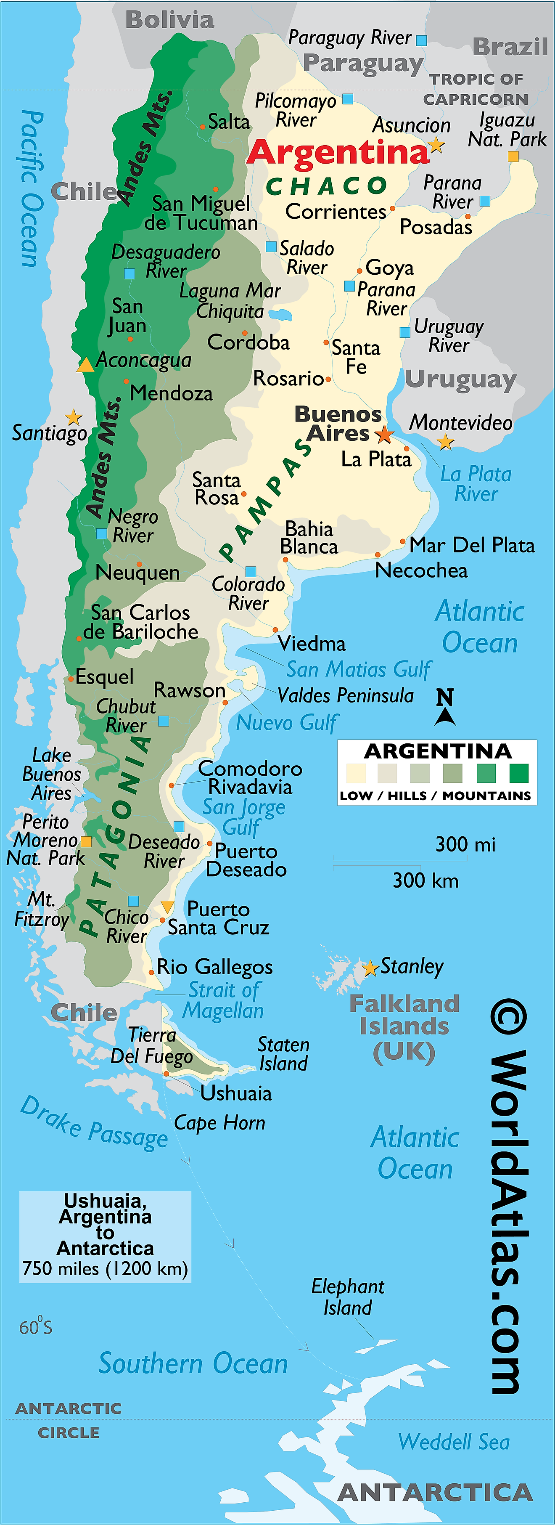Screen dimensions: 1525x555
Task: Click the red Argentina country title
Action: [x=337, y=153]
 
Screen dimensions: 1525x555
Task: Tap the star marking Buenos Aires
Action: [x=385, y=435]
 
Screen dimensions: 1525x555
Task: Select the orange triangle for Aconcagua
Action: [x=85, y=365]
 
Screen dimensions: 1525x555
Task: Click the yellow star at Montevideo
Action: [x=446, y=442]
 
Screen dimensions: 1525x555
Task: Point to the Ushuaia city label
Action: [x=236, y=1093]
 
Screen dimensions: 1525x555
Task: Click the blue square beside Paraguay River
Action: [x=421, y=40]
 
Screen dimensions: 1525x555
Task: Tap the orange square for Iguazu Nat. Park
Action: [x=513, y=156]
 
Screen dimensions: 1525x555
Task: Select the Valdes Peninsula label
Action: [x=346, y=695]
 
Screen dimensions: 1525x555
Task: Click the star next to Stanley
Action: [x=370, y=968]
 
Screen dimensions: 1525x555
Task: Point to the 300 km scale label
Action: [x=425, y=881]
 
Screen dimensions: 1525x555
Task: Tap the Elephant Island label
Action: [x=348, y=1297]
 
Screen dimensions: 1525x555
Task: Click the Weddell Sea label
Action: [x=454, y=1442]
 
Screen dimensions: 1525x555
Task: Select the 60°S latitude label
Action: [x=35, y=1327]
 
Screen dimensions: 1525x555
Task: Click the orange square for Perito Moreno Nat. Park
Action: [x=86, y=841]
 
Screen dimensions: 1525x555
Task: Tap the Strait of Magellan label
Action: [x=224, y=1000]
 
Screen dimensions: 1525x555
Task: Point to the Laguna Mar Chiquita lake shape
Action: [x=279, y=314]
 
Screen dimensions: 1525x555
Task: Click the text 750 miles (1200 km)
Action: [x=105, y=1269]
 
